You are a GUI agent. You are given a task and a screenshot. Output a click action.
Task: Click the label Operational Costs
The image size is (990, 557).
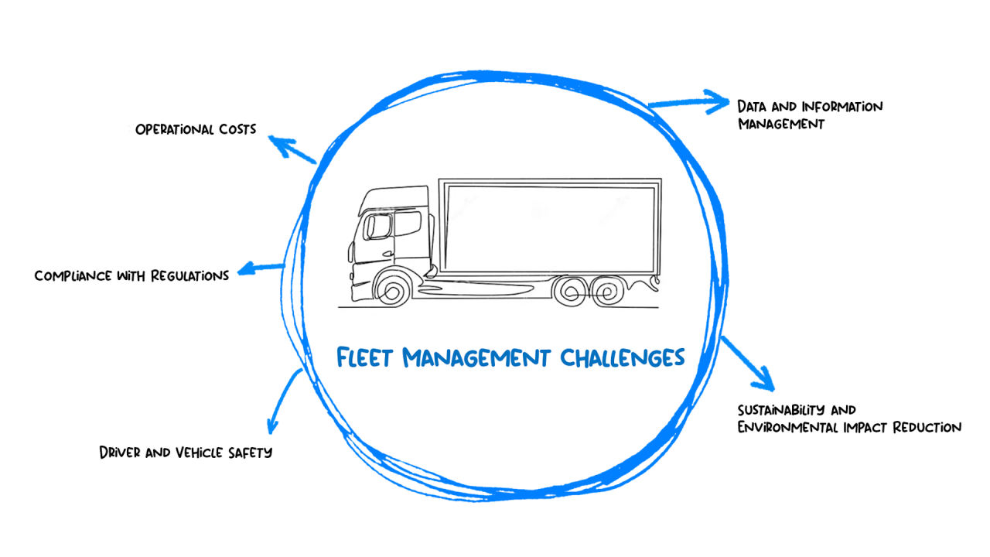click(196, 129)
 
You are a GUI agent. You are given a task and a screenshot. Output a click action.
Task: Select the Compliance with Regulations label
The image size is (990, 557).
click(131, 275)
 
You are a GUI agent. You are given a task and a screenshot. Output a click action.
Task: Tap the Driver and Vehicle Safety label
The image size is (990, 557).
click(186, 452)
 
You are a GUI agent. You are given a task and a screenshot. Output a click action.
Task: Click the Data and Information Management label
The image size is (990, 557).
click(809, 114)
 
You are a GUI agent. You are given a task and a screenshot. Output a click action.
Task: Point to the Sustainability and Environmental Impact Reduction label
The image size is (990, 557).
click(848, 419)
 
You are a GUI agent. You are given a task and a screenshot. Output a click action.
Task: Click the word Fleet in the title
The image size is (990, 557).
click(367, 357)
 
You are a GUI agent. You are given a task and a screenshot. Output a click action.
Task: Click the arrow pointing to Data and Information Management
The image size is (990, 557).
click(688, 101)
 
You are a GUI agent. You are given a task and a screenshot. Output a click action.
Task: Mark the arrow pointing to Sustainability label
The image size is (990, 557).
click(749, 364)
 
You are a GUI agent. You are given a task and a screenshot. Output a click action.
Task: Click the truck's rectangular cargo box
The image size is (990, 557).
click(550, 226)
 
